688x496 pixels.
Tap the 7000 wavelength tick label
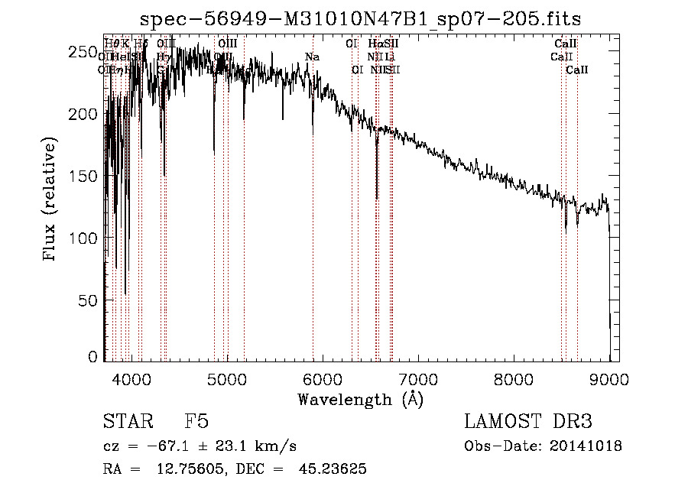pyautogui.click(x=417, y=378)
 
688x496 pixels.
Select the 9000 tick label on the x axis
pyautogui.click(x=608, y=378)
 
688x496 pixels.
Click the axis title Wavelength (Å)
pyautogui.click(x=360, y=399)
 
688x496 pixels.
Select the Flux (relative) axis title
pyautogui.click(x=51, y=200)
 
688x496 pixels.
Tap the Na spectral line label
pyautogui.click(x=312, y=57)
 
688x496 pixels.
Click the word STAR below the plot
pyautogui.click(x=127, y=422)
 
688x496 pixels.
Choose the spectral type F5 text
pyautogui.click(x=196, y=422)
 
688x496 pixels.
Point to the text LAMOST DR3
pyautogui.click(x=528, y=422)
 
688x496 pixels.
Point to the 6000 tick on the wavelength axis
pyautogui.click(x=322, y=378)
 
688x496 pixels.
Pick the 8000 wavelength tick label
pyautogui.click(x=513, y=378)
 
